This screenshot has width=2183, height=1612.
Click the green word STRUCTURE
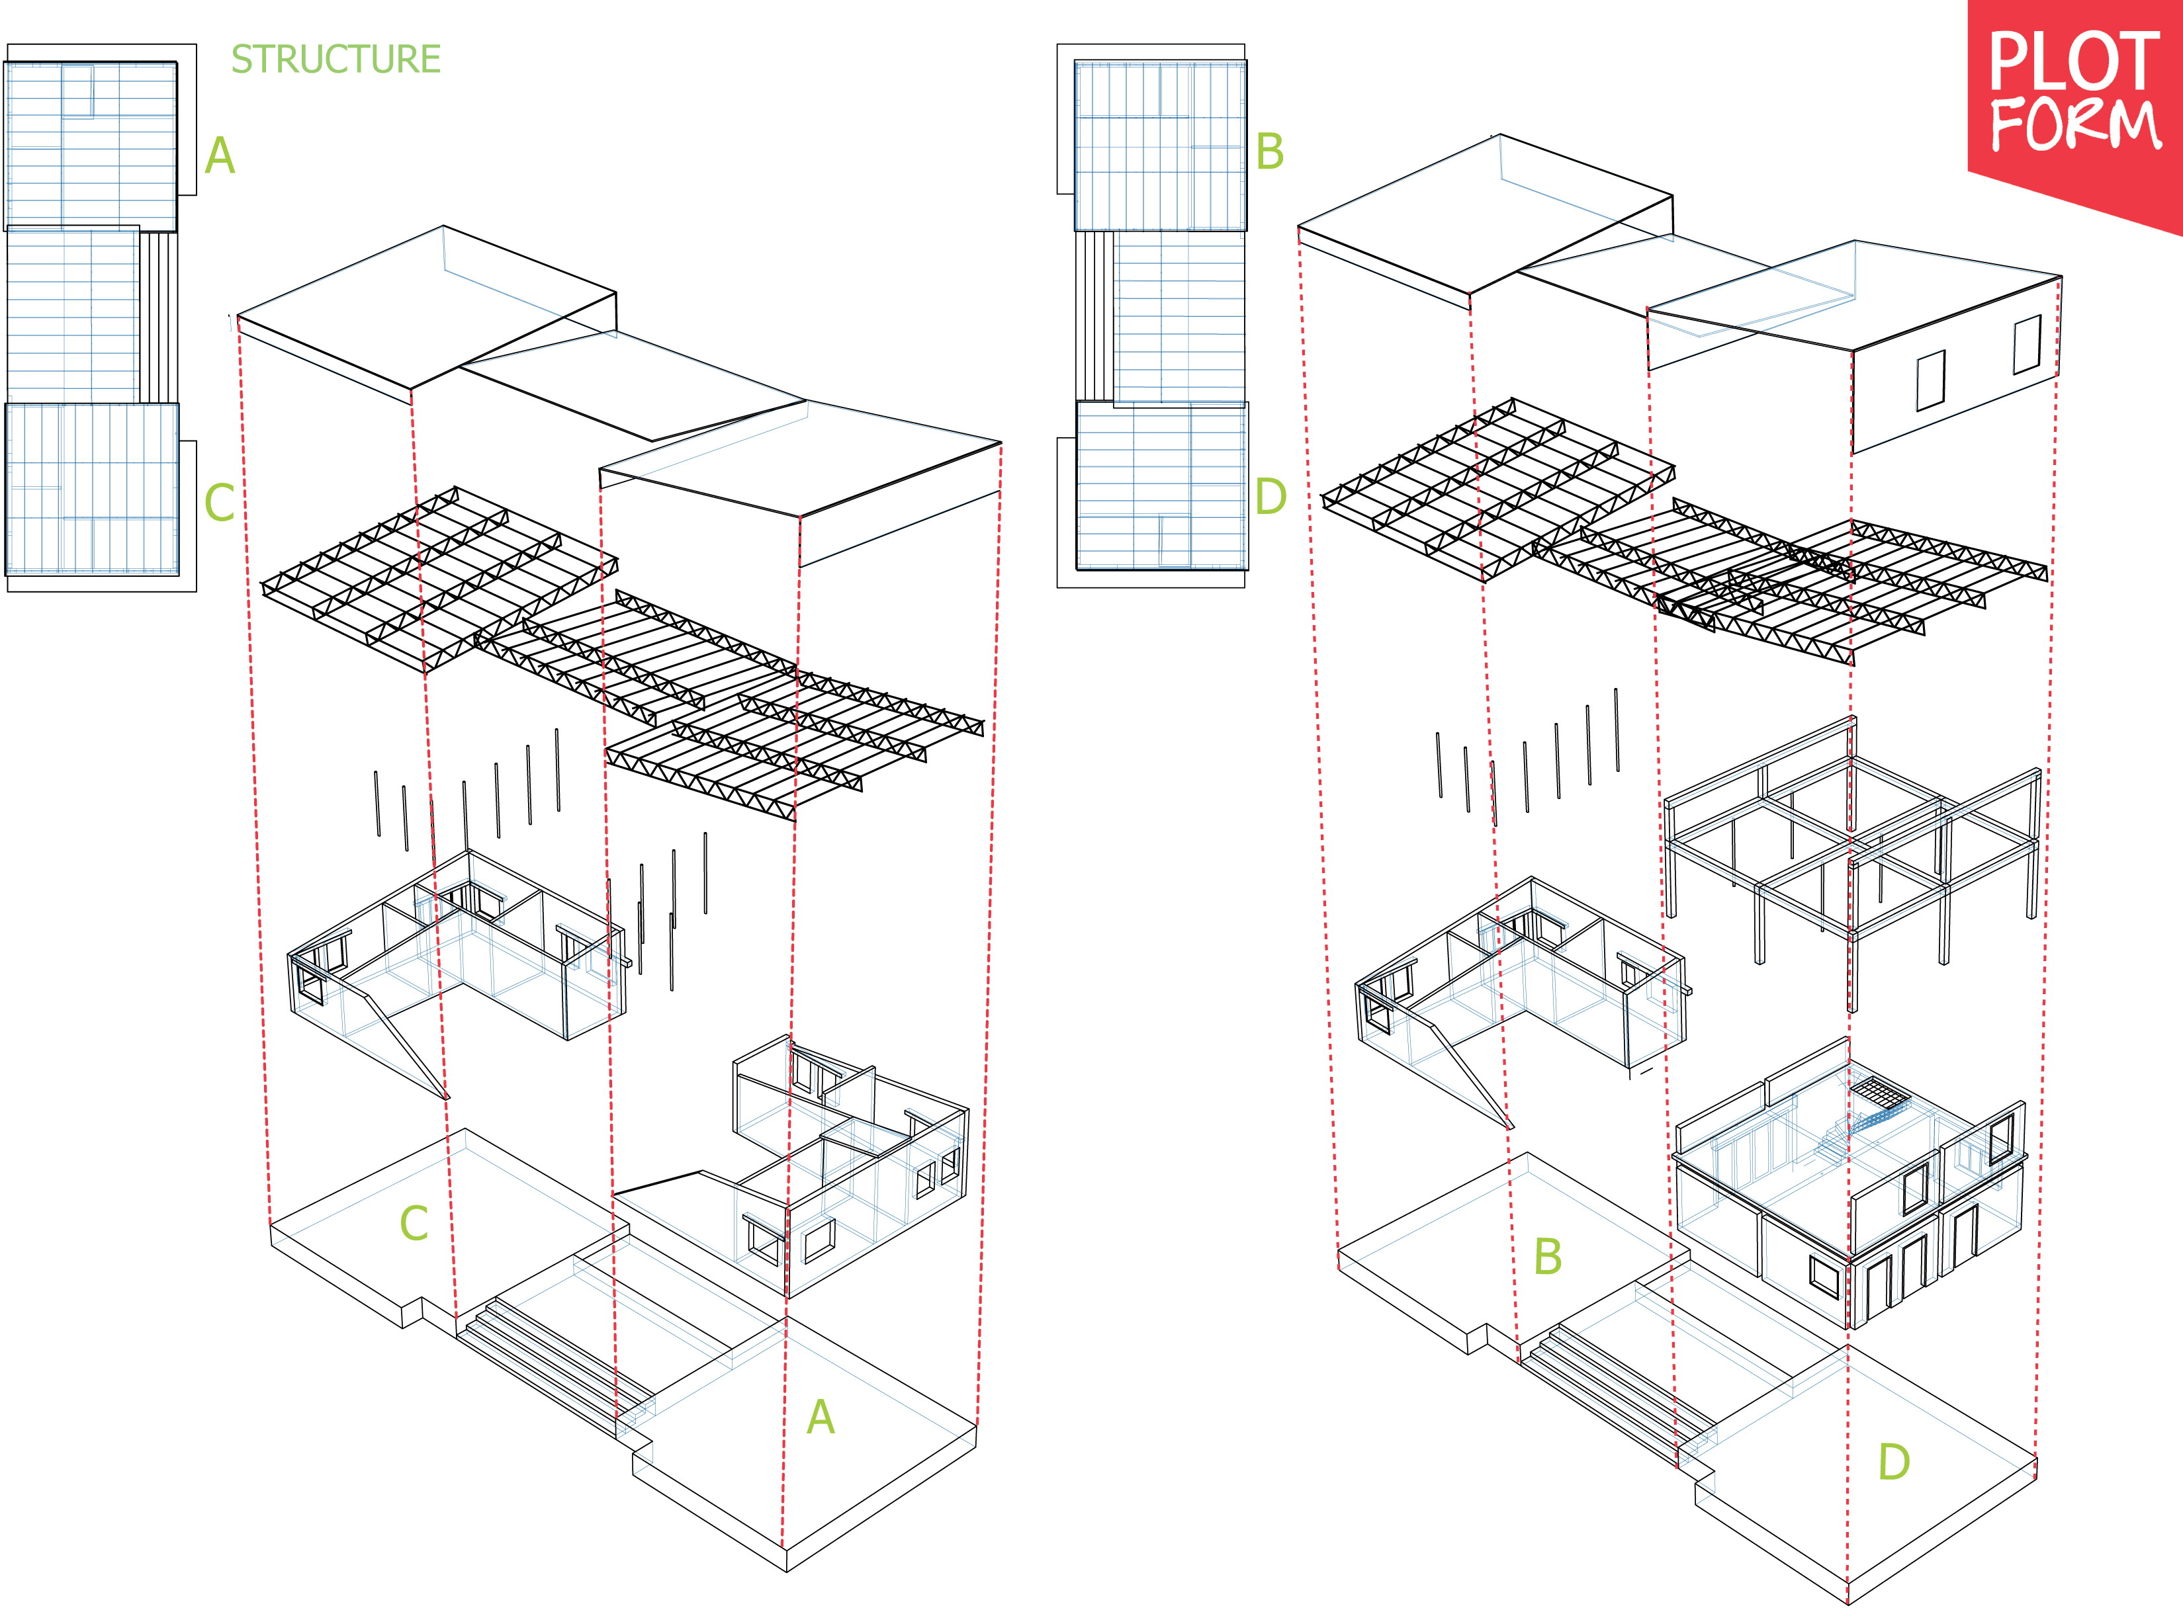coord(335,60)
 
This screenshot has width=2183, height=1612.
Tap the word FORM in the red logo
coord(2074,126)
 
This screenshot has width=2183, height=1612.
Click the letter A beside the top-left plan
coord(220,156)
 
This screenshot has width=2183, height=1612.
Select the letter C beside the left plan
coord(220,503)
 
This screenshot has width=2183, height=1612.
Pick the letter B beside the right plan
coord(1270,152)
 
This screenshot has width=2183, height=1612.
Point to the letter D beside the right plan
coord(1270,497)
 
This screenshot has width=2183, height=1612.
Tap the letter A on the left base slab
coord(821,1418)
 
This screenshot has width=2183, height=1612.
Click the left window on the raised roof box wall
coord(1930,380)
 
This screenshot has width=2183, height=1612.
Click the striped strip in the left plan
coord(158,317)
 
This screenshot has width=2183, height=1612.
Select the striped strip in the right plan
coord(1095,316)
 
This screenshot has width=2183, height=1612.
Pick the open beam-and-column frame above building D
coord(1851,849)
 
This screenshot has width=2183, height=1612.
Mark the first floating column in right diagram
coord(1439,765)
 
